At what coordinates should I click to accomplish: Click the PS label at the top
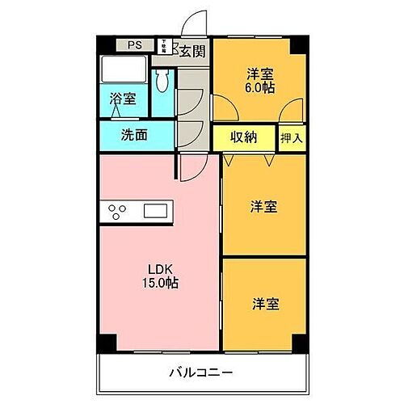click(134, 45)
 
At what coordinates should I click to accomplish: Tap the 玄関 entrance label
click(191, 53)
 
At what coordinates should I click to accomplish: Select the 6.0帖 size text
click(260, 87)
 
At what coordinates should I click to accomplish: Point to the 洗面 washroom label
click(135, 135)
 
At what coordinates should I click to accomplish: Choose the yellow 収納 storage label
click(243, 137)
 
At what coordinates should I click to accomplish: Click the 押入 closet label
click(292, 137)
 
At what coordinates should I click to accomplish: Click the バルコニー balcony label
click(201, 373)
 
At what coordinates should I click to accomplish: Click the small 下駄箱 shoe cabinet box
click(164, 45)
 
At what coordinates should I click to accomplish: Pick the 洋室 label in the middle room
click(264, 207)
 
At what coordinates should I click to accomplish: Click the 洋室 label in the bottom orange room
click(264, 304)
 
